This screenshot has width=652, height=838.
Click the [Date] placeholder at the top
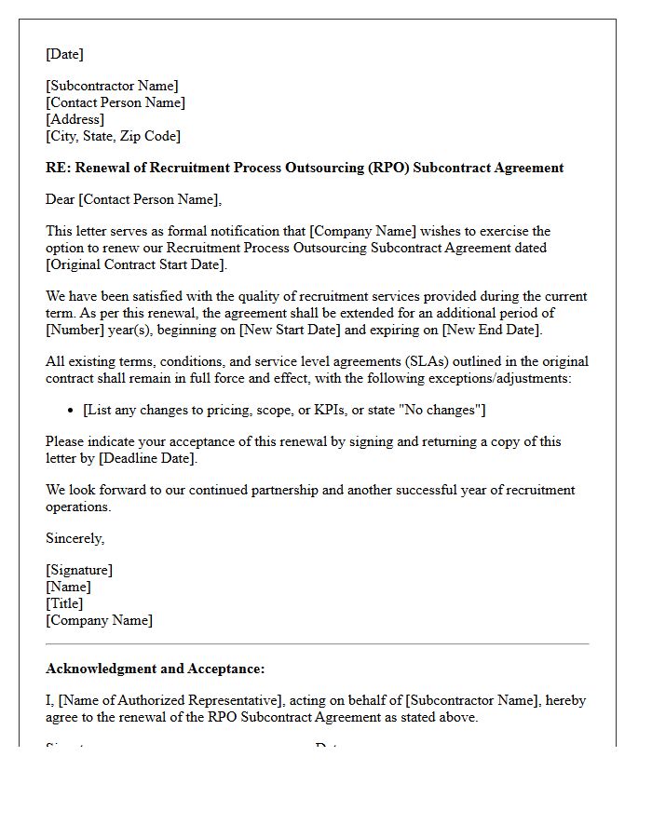pos(64,54)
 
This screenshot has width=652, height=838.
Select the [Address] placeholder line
pos(75,119)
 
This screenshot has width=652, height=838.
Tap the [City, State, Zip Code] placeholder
pos(113,136)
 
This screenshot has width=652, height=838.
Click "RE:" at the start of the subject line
pos(58,168)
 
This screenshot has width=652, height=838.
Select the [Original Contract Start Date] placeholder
pos(136,264)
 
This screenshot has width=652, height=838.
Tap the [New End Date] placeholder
pos(490,330)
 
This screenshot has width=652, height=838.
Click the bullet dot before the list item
pos(72,411)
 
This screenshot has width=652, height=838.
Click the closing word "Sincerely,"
pos(75,538)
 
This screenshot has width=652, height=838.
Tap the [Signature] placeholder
pos(79,570)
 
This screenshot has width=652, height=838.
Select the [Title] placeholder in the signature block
pos(64,603)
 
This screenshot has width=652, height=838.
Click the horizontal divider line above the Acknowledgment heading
pos(317,643)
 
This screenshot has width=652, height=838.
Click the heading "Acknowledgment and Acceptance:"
pos(155,669)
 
